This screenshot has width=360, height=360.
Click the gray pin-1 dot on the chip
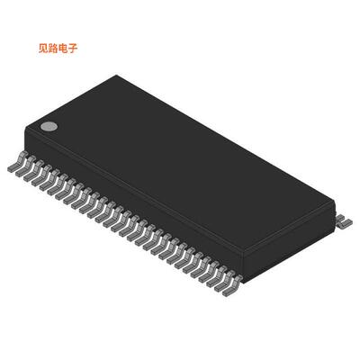point(49,127)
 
